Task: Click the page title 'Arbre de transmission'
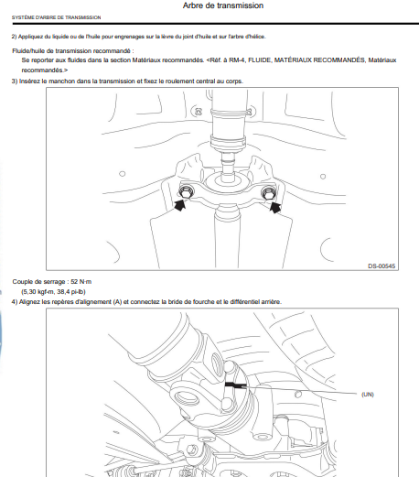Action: point(223,5)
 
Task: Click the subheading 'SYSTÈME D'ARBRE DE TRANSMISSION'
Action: point(57,17)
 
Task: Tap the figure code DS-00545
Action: point(381,266)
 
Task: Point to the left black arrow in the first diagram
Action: point(181,204)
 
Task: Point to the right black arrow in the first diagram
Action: point(275,207)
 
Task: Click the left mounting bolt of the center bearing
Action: point(186,192)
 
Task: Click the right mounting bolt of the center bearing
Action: point(269,193)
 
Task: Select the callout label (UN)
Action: point(368,395)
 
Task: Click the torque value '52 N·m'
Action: point(81,282)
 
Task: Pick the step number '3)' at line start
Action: point(15,81)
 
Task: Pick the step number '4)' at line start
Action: point(15,302)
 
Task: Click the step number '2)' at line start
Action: point(14,37)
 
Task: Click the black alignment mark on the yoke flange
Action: point(235,385)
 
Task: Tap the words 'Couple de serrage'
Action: point(38,282)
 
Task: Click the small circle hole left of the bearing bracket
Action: point(122,174)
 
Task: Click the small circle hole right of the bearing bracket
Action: point(323,177)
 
